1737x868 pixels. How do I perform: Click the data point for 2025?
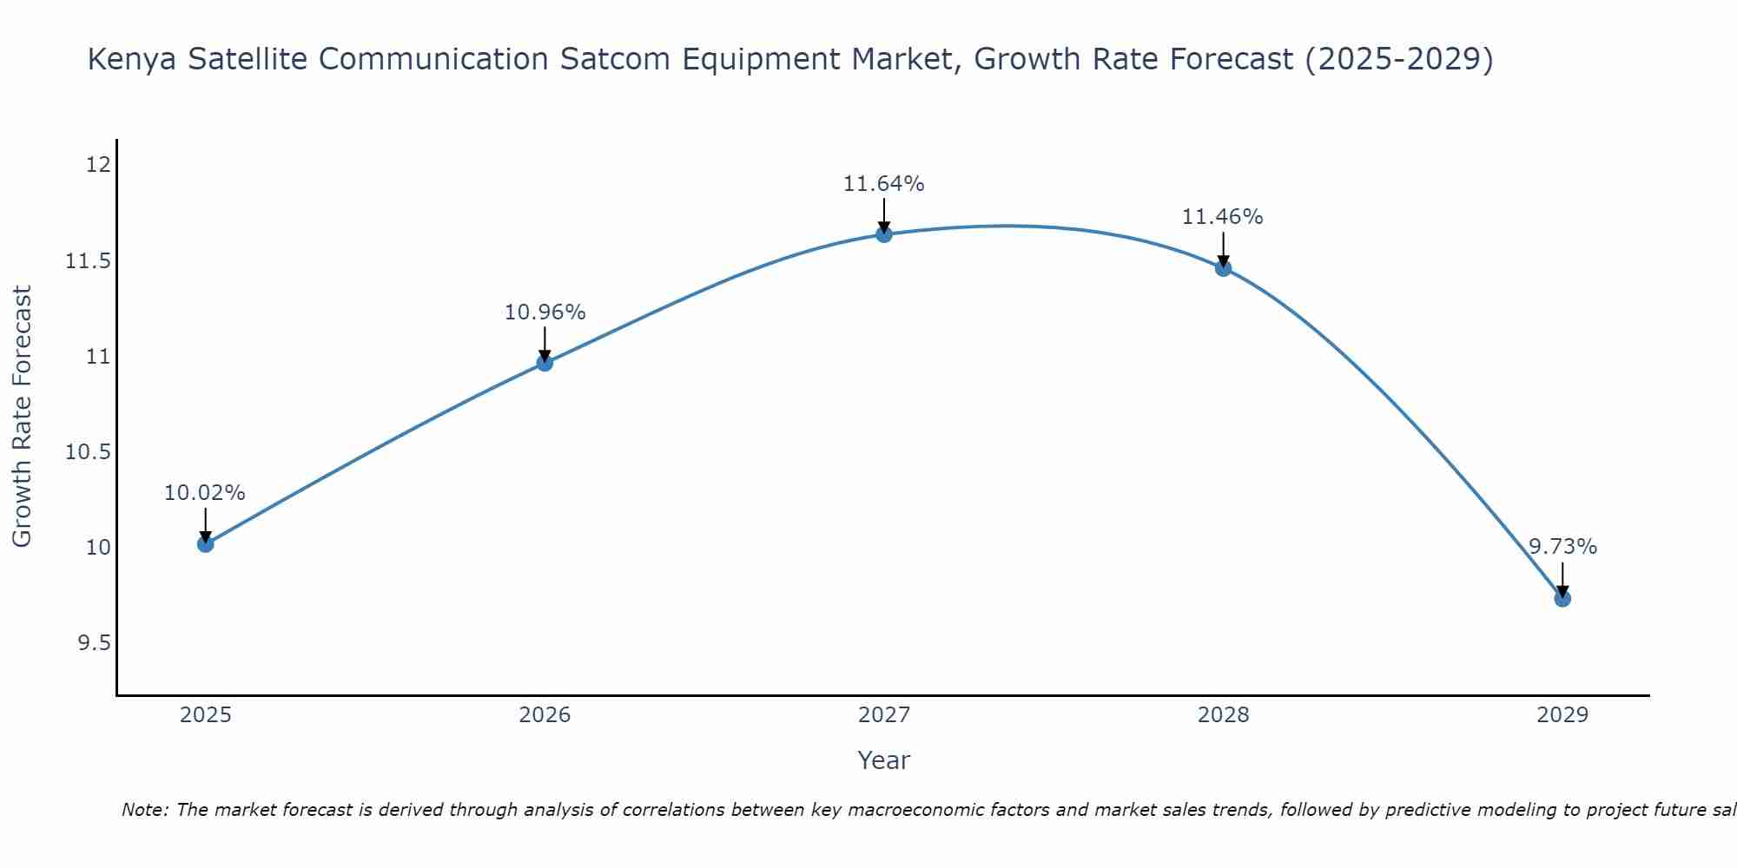[x=205, y=544]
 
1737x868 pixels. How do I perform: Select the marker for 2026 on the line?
[x=545, y=363]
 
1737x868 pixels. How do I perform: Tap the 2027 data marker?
[x=884, y=234]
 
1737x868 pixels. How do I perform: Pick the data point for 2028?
[x=1223, y=268]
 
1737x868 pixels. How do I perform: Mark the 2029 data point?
[x=1562, y=598]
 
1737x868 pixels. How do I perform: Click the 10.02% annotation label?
[x=205, y=493]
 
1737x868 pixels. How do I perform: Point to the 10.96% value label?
[x=545, y=312]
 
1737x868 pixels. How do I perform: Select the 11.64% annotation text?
[x=884, y=184]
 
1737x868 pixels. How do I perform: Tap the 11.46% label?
[x=1223, y=217]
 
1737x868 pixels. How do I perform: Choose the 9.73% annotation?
[x=1562, y=547]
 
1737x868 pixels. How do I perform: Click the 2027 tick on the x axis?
[x=884, y=715]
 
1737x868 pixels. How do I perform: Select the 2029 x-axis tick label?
[x=1562, y=715]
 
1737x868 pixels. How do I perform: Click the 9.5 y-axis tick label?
[x=94, y=643]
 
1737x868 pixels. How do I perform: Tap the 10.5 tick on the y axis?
[x=89, y=452]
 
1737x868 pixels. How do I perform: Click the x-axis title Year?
[x=884, y=760]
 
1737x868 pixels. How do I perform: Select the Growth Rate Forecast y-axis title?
[x=22, y=417]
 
